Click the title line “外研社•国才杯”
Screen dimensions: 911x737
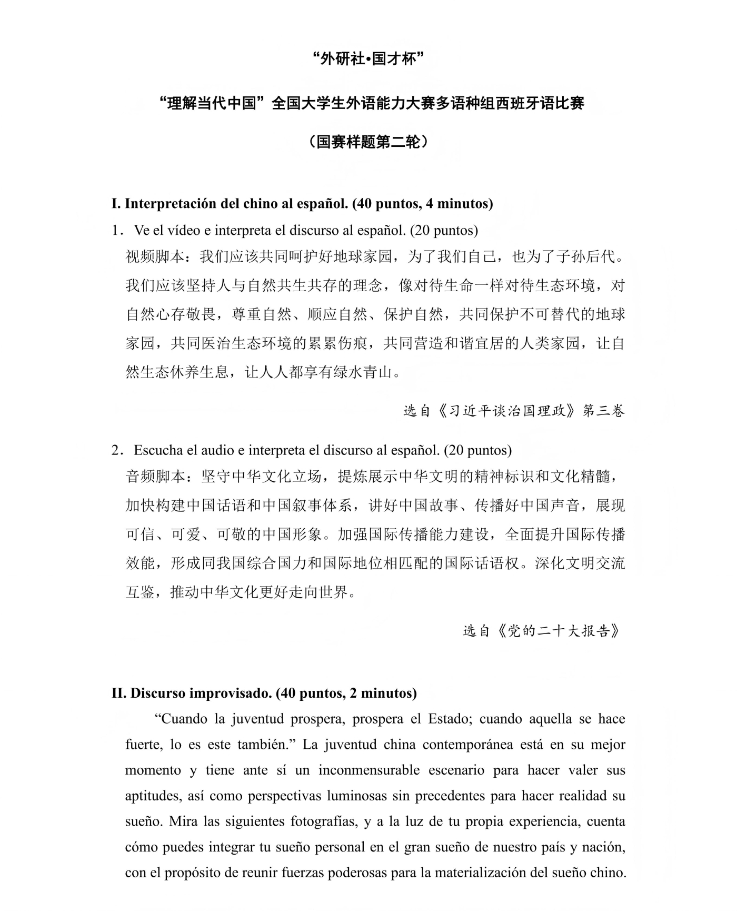tap(368, 59)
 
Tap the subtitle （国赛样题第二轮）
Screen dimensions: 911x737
tap(368, 142)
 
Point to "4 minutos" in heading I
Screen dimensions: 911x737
tap(457, 204)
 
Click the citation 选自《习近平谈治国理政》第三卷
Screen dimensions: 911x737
tap(514, 410)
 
